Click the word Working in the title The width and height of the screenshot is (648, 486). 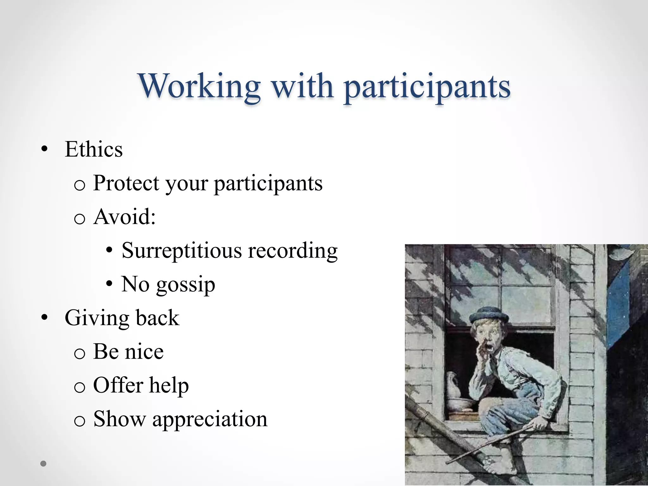tap(199, 86)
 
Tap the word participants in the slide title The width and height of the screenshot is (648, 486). tap(427, 87)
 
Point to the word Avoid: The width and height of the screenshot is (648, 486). tap(124, 217)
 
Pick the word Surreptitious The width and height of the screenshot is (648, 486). tap(182, 251)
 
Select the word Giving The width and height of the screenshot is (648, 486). tap(96, 318)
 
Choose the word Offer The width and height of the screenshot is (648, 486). tap(118, 385)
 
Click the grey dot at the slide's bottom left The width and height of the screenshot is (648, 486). tap(44, 464)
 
